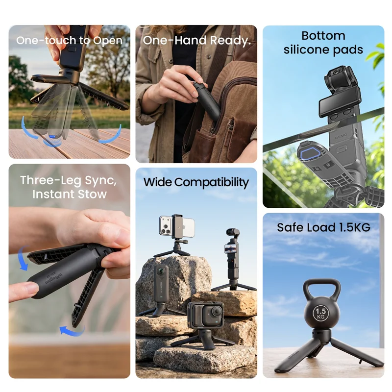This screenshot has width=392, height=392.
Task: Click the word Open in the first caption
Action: click(107, 41)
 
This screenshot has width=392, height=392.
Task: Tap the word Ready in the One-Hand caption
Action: click(230, 41)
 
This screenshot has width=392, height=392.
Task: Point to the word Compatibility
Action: click(212, 183)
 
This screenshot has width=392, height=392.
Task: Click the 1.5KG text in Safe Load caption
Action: click(354, 227)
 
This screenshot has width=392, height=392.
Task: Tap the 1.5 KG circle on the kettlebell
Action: click(320, 314)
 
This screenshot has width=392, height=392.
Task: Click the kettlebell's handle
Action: click(322, 284)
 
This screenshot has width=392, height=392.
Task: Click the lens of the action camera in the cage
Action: click(217, 312)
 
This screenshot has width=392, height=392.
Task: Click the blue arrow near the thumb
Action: click(23, 258)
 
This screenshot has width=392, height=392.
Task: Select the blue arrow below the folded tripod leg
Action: click(72, 330)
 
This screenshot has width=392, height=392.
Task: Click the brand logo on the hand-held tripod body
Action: click(53, 278)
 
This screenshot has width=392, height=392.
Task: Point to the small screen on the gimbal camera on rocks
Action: click(230, 248)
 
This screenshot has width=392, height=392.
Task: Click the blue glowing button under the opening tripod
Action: click(52, 137)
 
